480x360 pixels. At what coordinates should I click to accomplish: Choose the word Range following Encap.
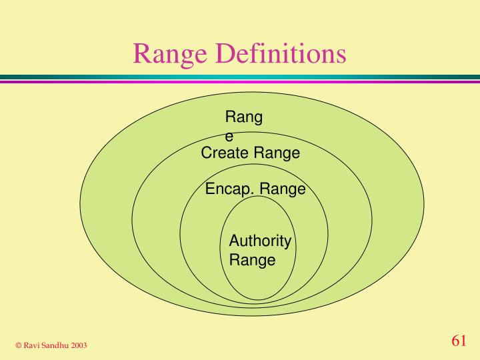(282, 190)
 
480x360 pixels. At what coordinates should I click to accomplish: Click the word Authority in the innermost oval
(260, 241)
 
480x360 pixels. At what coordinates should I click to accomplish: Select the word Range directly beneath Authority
(252, 261)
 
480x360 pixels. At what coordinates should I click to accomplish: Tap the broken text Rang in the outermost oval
(244, 118)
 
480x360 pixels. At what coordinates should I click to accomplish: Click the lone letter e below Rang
(229, 137)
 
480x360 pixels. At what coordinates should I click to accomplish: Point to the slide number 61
(458, 341)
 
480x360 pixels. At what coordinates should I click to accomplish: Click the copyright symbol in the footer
(19, 345)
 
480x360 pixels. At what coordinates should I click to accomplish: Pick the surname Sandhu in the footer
(57, 345)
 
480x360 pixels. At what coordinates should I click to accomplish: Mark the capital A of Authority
(234, 241)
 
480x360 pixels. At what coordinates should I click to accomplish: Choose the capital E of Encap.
(210, 189)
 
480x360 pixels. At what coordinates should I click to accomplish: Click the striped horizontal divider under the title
(240, 79)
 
